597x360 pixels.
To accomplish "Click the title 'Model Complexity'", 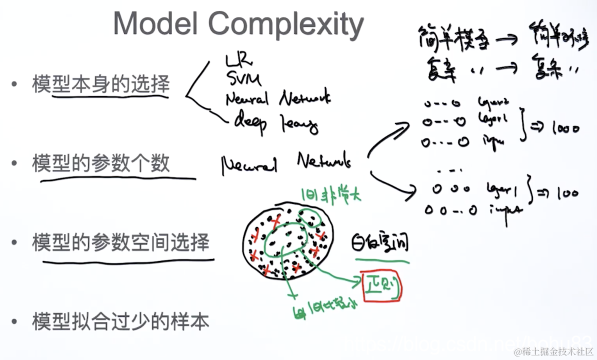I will coord(238,24).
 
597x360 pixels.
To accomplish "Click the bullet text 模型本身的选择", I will coord(101,83).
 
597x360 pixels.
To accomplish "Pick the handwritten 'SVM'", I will coord(243,79).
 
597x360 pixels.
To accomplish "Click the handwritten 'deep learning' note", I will coord(276,123).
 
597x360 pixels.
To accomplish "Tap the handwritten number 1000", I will coord(566,128).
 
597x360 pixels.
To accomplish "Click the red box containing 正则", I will coord(382,286).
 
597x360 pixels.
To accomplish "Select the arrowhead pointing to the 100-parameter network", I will coord(412,189).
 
